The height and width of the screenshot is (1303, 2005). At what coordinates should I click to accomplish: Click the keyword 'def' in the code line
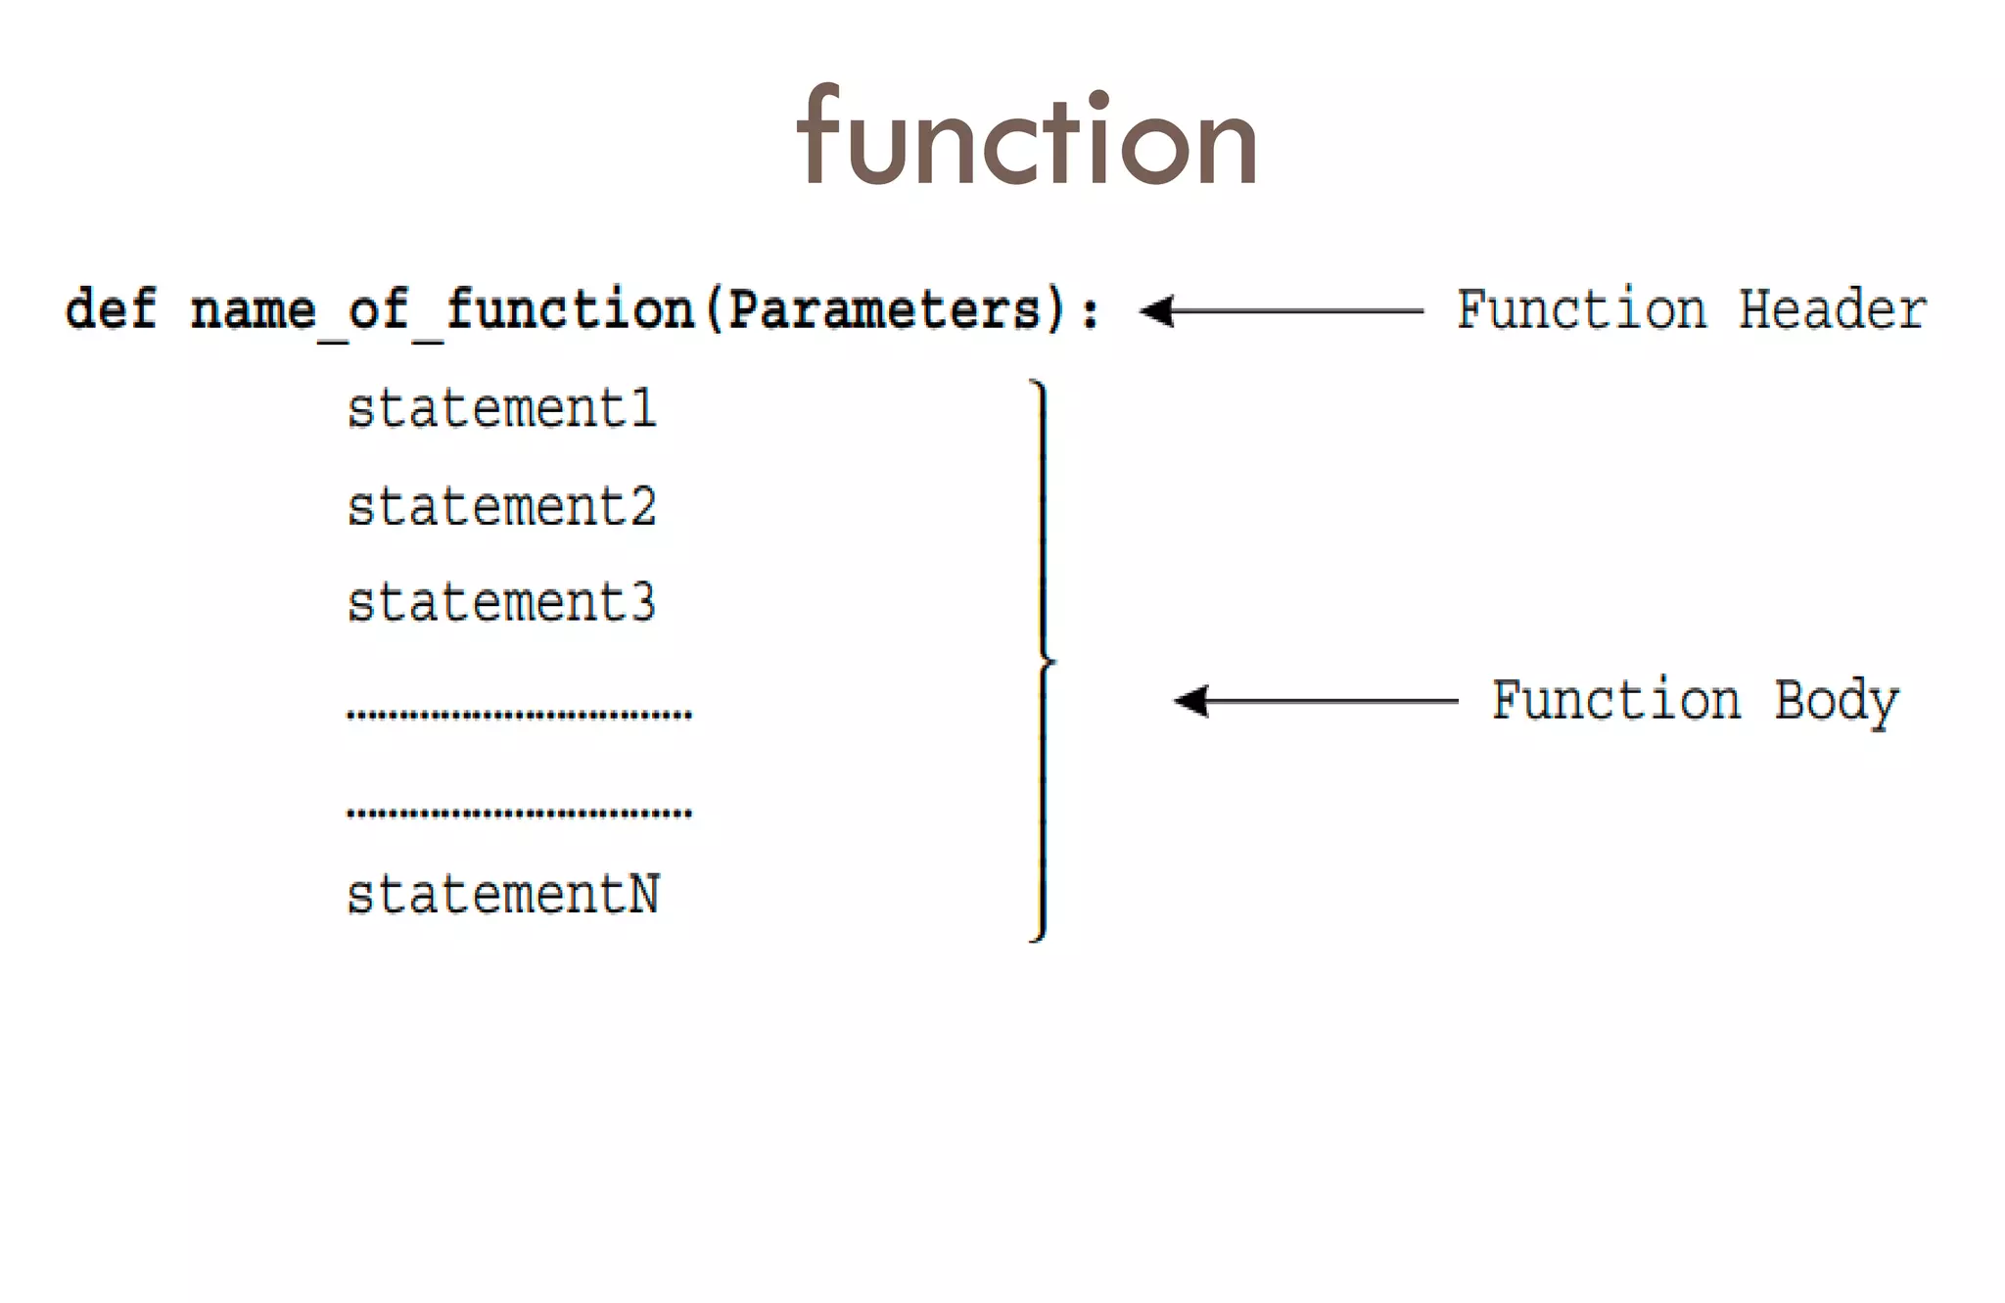(111, 310)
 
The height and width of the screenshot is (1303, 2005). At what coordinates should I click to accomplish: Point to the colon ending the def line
(1090, 312)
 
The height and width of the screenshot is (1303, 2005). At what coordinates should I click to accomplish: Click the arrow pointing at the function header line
(1281, 311)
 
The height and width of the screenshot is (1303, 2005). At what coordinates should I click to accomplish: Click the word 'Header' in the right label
(1832, 310)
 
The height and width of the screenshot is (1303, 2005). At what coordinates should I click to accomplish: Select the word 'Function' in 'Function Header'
(1581, 310)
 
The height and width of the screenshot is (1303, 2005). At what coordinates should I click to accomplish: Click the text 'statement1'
(501, 408)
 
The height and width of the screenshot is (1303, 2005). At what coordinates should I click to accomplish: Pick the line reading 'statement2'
(501, 507)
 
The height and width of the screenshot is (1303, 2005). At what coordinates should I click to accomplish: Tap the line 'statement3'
(501, 603)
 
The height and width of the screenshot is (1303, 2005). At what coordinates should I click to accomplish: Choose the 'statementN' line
(503, 895)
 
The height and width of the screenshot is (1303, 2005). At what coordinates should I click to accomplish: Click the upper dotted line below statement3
(519, 715)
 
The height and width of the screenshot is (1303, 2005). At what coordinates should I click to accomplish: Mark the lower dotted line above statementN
(519, 813)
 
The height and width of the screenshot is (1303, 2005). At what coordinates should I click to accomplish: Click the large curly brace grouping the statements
(1043, 662)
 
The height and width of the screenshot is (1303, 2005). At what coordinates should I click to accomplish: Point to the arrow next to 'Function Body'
(1315, 701)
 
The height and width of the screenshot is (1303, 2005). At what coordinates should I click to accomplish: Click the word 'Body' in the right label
(1837, 702)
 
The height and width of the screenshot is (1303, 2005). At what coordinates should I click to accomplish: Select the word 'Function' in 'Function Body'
(1616, 701)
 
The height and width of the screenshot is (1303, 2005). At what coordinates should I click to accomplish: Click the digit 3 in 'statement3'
(642, 603)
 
